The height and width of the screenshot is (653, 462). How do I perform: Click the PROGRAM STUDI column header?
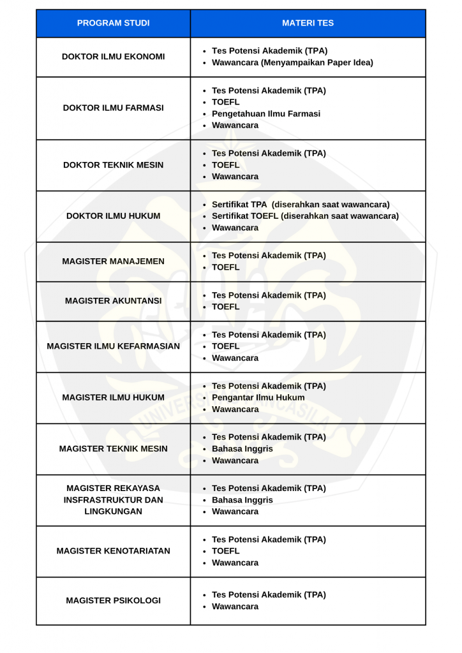click(x=114, y=23)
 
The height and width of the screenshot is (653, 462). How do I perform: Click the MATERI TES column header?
click(x=308, y=23)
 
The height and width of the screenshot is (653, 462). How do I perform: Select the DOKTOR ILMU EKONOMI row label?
click(x=114, y=57)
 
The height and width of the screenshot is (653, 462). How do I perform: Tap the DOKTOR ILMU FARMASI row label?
click(x=114, y=108)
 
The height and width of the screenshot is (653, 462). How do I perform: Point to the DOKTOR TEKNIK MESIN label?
click(x=114, y=165)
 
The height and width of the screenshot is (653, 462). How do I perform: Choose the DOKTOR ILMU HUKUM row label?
click(x=114, y=216)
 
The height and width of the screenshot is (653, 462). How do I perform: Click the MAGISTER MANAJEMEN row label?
click(x=114, y=261)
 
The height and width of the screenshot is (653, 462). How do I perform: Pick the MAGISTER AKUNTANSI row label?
click(x=114, y=301)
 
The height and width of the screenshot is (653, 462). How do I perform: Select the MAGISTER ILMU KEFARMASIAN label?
click(x=114, y=346)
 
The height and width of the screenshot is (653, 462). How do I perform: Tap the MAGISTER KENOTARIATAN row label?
click(x=114, y=551)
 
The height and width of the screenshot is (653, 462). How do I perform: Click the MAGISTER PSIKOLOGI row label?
click(x=114, y=601)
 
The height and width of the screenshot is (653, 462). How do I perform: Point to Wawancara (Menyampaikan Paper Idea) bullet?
click(x=292, y=62)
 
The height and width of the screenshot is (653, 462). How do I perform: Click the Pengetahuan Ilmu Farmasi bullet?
click(x=266, y=114)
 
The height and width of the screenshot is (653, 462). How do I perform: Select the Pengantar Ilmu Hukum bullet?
click(x=258, y=397)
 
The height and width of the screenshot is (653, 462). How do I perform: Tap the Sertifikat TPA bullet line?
click(x=300, y=205)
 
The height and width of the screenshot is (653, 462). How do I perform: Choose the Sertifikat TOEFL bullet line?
click(x=305, y=216)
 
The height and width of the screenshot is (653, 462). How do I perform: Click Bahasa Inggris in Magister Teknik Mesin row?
click(x=242, y=449)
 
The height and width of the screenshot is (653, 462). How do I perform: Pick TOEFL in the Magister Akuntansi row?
click(x=226, y=307)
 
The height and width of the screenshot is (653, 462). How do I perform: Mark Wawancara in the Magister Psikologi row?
click(x=235, y=606)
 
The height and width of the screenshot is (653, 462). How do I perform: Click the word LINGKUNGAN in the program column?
click(x=114, y=511)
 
